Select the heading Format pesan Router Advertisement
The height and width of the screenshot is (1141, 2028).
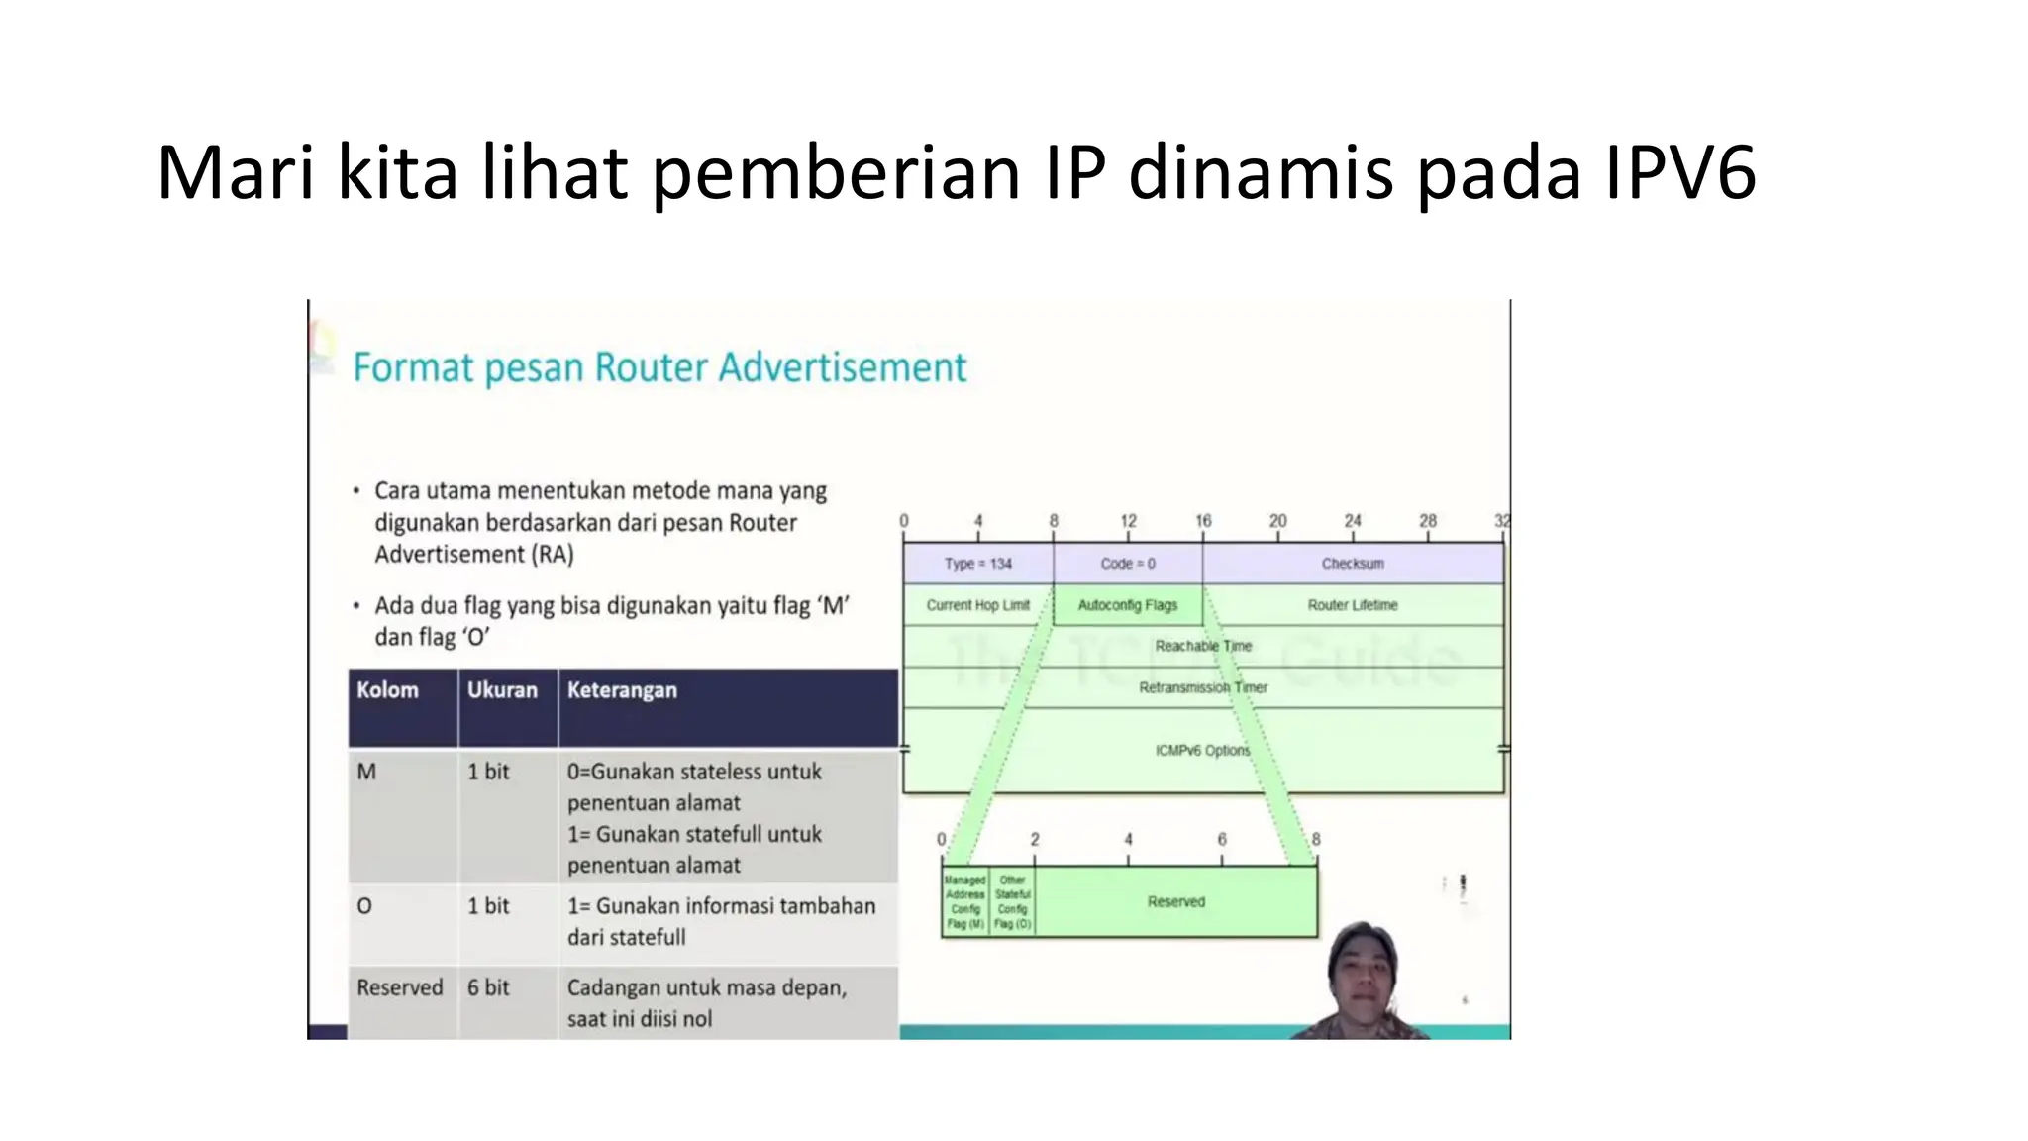point(659,367)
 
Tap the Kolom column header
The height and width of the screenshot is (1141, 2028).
point(387,690)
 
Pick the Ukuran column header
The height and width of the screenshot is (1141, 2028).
point(502,690)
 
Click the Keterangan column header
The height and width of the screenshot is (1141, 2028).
point(622,690)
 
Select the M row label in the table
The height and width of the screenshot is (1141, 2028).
point(366,772)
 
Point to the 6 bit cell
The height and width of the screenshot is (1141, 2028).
point(488,987)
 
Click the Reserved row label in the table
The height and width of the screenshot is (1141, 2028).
point(399,987)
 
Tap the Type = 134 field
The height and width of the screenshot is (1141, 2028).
point(977,564)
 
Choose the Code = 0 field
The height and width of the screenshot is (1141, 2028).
point(1128,564)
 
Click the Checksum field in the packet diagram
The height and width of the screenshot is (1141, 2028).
point(1353,564)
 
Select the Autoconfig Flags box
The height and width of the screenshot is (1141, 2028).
point(1128,605)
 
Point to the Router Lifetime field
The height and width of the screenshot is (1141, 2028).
point(1353,605)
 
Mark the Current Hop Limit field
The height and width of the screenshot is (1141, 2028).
point(977,605)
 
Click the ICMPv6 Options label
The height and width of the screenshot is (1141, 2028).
point(1202,751)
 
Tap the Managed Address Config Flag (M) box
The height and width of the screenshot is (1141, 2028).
point(964,902)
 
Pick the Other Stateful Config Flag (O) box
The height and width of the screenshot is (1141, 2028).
point(1012,902)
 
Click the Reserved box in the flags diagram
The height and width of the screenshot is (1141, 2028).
point(1176,902)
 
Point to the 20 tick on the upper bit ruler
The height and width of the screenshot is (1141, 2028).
point(1277,521)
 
